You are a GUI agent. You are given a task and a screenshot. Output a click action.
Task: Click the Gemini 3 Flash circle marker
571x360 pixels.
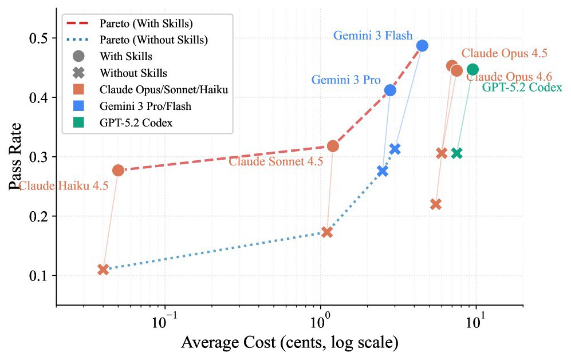[x=422, y=46]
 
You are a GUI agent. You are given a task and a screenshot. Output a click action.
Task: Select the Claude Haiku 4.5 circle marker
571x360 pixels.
[x=118, y=170]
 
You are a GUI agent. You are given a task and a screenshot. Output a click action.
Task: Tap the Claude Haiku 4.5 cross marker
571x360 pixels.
[x=103, y=269]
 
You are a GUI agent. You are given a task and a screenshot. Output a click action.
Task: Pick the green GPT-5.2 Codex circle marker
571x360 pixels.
[x=472, y=70]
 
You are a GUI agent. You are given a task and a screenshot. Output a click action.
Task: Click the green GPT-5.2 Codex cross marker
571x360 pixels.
[x=456, y=153]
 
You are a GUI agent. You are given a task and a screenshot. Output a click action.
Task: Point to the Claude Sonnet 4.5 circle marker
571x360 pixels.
[x=333, y=146]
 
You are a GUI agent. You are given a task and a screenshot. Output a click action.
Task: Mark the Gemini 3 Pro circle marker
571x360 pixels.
[x=390, y=90]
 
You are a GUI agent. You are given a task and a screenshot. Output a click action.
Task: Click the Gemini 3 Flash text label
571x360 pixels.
[x=373, y=35]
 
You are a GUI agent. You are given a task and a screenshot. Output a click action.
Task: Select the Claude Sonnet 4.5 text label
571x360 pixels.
[x=276, y=162]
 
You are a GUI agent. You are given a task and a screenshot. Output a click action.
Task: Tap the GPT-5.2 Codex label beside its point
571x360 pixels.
[x=522, y=88]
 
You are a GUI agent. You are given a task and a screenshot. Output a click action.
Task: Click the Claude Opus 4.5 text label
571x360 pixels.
[x=505, y=53]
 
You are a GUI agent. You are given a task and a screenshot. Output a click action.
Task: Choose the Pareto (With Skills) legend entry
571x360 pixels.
[x=145, y=24]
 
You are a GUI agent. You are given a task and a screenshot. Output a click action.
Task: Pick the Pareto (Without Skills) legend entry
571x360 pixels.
[x=153, y=40]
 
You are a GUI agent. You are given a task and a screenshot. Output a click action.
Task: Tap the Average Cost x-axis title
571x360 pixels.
[x=289, y=343]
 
